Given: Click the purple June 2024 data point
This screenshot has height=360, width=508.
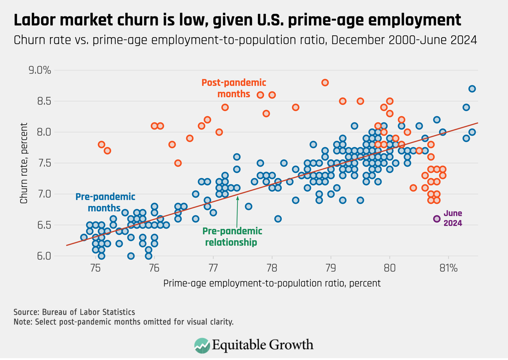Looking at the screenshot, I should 437,219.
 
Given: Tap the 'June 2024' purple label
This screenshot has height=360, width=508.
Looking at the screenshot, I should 453,218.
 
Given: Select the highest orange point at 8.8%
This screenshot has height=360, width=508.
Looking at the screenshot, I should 325,83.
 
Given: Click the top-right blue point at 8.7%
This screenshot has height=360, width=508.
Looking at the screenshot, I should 472,89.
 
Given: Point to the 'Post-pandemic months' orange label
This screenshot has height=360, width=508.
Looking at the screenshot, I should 233,88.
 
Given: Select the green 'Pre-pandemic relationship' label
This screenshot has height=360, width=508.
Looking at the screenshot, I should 232,236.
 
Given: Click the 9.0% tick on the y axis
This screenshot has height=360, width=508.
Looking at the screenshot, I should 40,70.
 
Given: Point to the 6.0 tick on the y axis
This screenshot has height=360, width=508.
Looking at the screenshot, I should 44,256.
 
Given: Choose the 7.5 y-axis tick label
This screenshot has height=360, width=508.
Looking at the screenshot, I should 44,163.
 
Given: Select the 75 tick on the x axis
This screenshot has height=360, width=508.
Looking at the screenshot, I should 95,268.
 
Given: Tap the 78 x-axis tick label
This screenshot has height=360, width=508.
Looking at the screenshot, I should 272,268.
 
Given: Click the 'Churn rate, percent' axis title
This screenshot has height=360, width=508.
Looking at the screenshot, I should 24,163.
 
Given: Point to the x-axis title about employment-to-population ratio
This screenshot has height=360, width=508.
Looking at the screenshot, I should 272,283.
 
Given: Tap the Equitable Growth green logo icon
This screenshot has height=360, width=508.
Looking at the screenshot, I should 202,345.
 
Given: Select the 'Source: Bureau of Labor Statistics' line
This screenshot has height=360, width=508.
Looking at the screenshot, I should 74,312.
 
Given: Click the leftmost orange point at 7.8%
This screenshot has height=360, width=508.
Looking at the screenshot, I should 101,144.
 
